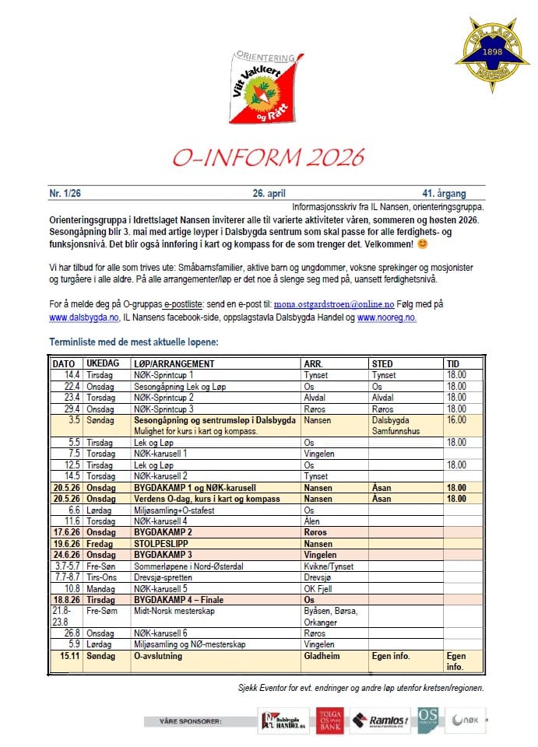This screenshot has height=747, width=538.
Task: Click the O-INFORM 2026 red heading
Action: [269, 157]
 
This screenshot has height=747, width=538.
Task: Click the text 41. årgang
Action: [451, 193]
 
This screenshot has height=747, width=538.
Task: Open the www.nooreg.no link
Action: [385, 317]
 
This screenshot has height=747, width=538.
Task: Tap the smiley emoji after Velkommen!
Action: [445, 244]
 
